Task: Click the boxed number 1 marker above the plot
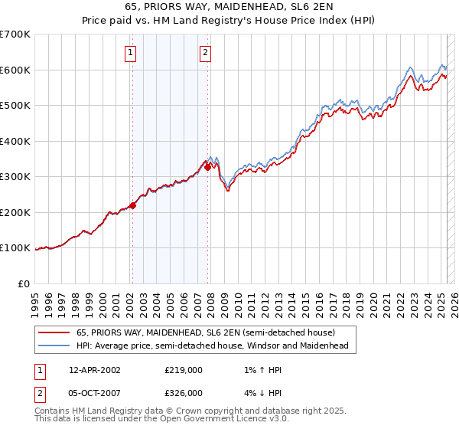132,53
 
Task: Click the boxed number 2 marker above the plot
207,53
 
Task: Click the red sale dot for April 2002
132,205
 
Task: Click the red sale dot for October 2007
207,167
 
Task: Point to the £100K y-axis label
15,248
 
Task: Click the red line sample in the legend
54,332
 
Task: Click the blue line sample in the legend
54,345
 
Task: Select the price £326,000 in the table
184,392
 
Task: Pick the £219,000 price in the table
184,370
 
